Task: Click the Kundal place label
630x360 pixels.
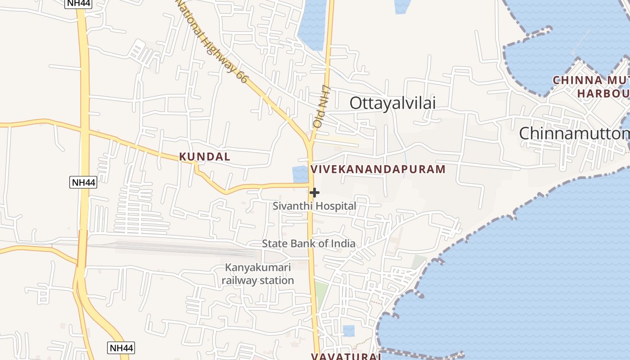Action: tap(205, 157)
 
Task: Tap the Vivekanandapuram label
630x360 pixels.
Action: tap(378, 169)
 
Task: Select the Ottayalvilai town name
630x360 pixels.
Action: tap(392, 103)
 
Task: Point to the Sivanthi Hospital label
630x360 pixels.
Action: tap(314, 206)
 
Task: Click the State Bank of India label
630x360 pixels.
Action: tap(309, 243)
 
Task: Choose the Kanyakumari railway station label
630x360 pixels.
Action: tap(258, 274)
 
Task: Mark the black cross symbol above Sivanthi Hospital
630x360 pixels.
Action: tap(315, 193)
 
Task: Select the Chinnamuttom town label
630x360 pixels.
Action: tap(574, 134)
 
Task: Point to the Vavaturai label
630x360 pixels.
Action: tap(346, 356)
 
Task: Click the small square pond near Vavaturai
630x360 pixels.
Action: tap(349, 331)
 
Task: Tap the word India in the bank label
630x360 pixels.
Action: tap(342, 243)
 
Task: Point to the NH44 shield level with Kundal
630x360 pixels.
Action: tap(83, 182)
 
